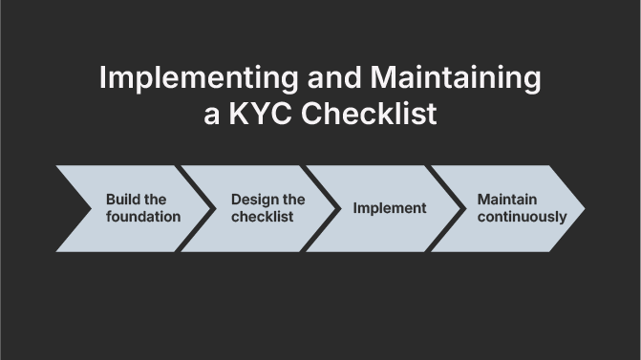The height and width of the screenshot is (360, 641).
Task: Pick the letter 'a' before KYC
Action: (212, 116)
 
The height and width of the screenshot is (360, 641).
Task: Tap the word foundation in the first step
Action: (143, 217)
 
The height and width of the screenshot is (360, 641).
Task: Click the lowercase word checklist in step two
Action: (262, 217)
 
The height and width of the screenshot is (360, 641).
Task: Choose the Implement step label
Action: (390, 208)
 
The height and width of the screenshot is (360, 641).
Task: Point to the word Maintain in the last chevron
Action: (507, 200)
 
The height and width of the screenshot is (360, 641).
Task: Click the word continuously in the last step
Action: (522, 217)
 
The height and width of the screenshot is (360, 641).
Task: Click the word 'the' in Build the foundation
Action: (156, 200)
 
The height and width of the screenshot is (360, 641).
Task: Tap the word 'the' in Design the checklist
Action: (294, 200)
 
